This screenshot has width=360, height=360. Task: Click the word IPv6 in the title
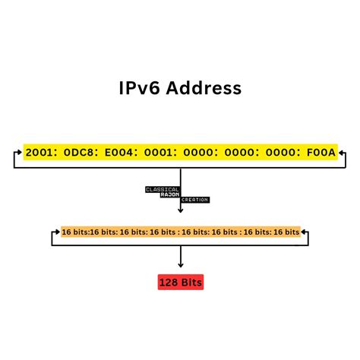pos(142,88)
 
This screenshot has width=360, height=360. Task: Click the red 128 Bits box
pos(180,283)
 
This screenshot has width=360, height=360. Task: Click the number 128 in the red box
pos(169,283)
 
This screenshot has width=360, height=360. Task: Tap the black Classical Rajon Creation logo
pos(175,194)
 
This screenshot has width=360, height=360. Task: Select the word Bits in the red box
pos(191,283)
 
